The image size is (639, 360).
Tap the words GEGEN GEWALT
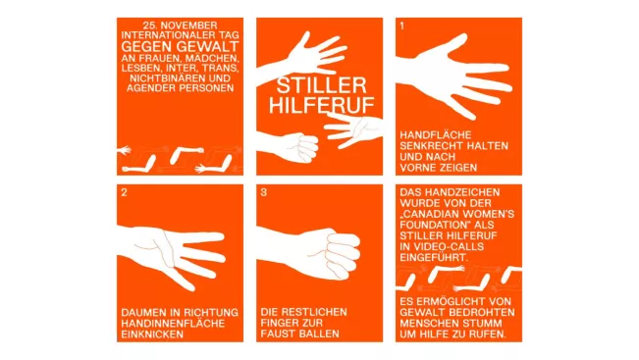pyautogui.click(x=180, y=46)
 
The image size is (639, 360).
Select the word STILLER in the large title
pyautogui.click(x=321, y=85)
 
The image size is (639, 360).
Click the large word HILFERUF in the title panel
pyautogui.click(x=321, y=105)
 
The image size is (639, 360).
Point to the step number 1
pyautogui.click(x=401, y=26)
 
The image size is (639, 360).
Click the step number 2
pyautogui.click(x=124, y=192)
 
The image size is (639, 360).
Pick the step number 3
pyautogui.click(x=263, y=192)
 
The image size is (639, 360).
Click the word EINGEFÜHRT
pyautogui.click(x=434, y=257)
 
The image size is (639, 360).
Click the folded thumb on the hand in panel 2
pyautogui.click(x=163, y=248)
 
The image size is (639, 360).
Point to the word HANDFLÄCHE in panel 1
pyautogui.click(x=430, y=135)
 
